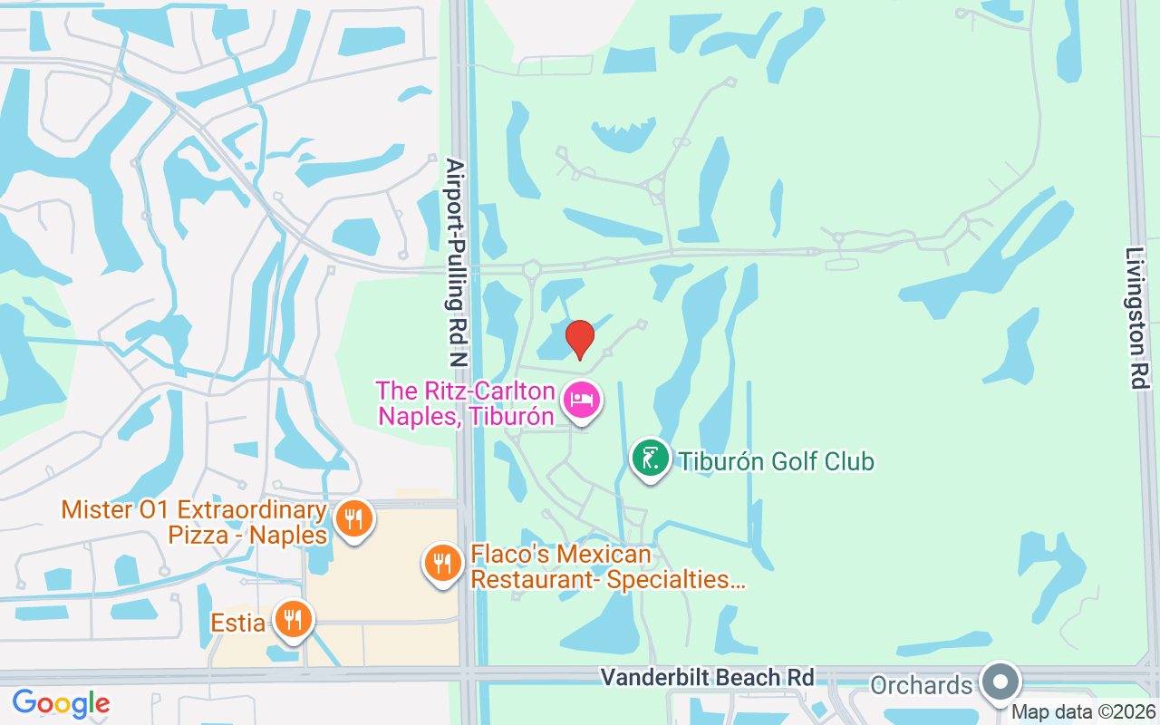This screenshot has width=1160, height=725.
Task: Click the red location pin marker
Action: click(x=580, y=339)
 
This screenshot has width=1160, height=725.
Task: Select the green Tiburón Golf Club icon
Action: click(x=650, y=459)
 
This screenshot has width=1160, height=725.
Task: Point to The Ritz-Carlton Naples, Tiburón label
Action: click(x=465, y=404)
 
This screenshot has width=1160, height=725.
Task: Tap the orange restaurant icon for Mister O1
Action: click(x=353, y=519)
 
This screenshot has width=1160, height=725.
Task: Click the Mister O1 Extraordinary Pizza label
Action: click(x=193, y=522)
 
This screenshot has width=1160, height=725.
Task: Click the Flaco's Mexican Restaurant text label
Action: click(x=607, y=567)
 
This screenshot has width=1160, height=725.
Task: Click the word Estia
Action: click(x=238, y=623)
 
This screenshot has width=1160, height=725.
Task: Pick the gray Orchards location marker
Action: click(x=1000, y=681)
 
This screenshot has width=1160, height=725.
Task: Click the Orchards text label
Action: click(x=921, y=685)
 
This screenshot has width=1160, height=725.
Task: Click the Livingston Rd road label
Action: click(x=1136, y=317)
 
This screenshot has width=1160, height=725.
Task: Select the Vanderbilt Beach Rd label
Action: click(x=707, y=678)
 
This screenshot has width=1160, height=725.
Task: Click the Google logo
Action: click(x=61, y=703)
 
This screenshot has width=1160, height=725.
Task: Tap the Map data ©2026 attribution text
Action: click(x=1083, y=712)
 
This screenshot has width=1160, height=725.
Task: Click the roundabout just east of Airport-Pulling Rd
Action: click(x=531, y=268)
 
